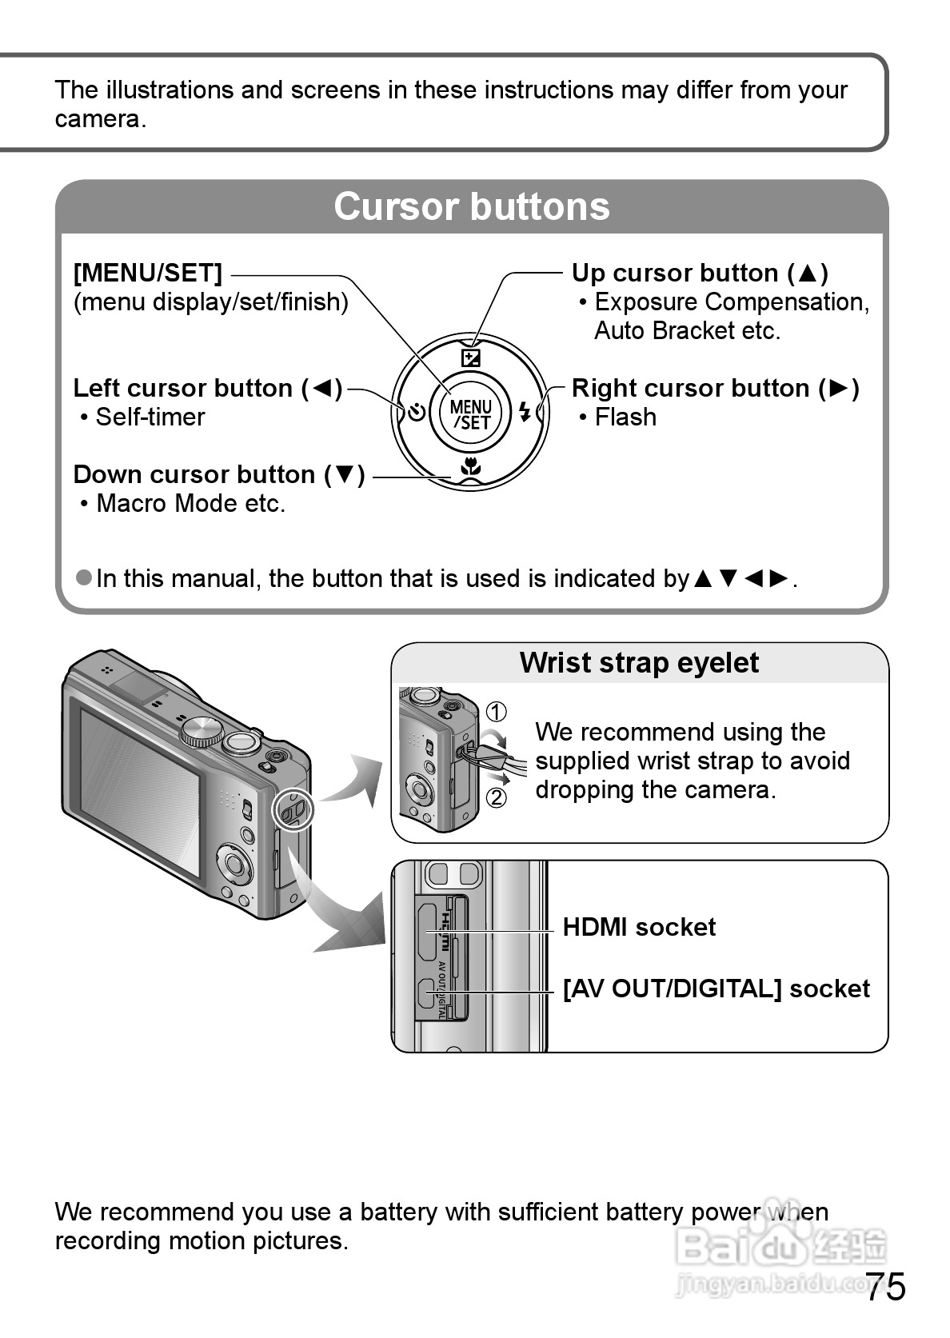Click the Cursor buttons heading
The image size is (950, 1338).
(471, 206)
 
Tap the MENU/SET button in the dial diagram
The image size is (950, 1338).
(470, 415)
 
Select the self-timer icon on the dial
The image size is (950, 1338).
(416, 413)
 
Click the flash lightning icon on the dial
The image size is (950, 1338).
(525, 413)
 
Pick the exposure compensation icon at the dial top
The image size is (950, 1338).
(471, 357)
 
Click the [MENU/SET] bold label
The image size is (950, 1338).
(148, 274)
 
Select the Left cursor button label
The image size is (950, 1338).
(207, 389)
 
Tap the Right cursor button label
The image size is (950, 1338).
(714, 389)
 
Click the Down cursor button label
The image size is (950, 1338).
(218, 475)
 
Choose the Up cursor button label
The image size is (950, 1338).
(699, 274)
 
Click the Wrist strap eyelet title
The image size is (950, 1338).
(638, 663)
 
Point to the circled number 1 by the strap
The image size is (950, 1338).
(496, 711)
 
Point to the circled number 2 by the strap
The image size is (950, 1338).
(496, 797)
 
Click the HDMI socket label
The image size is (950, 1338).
(638, 928)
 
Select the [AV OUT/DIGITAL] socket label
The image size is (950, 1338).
(716, 989)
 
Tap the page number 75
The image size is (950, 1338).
(885, 1287)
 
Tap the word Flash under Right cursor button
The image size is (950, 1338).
(625, 417)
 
